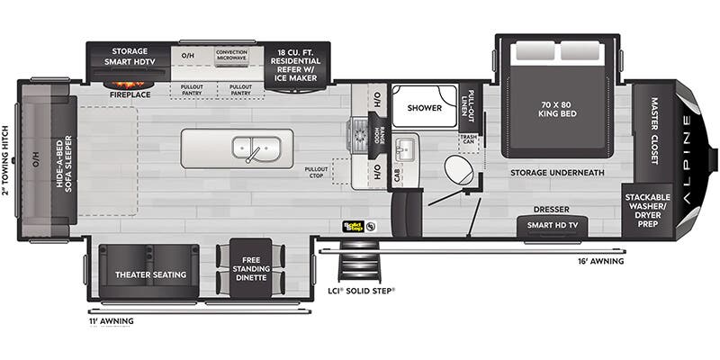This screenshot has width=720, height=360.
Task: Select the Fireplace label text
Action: tap(128, 93)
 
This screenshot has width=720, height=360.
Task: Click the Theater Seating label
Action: tap(149, 274)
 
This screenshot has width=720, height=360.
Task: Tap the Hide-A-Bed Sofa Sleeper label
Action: tap(63, 161)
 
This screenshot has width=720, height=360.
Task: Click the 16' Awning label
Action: tap(602, 262)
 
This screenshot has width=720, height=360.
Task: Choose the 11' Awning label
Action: tap(111, 319)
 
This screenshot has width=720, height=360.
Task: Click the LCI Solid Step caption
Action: tap(360, 291)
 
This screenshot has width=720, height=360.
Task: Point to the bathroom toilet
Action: tap(459, 169)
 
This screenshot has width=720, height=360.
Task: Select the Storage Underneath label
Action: tap(557, 172)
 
